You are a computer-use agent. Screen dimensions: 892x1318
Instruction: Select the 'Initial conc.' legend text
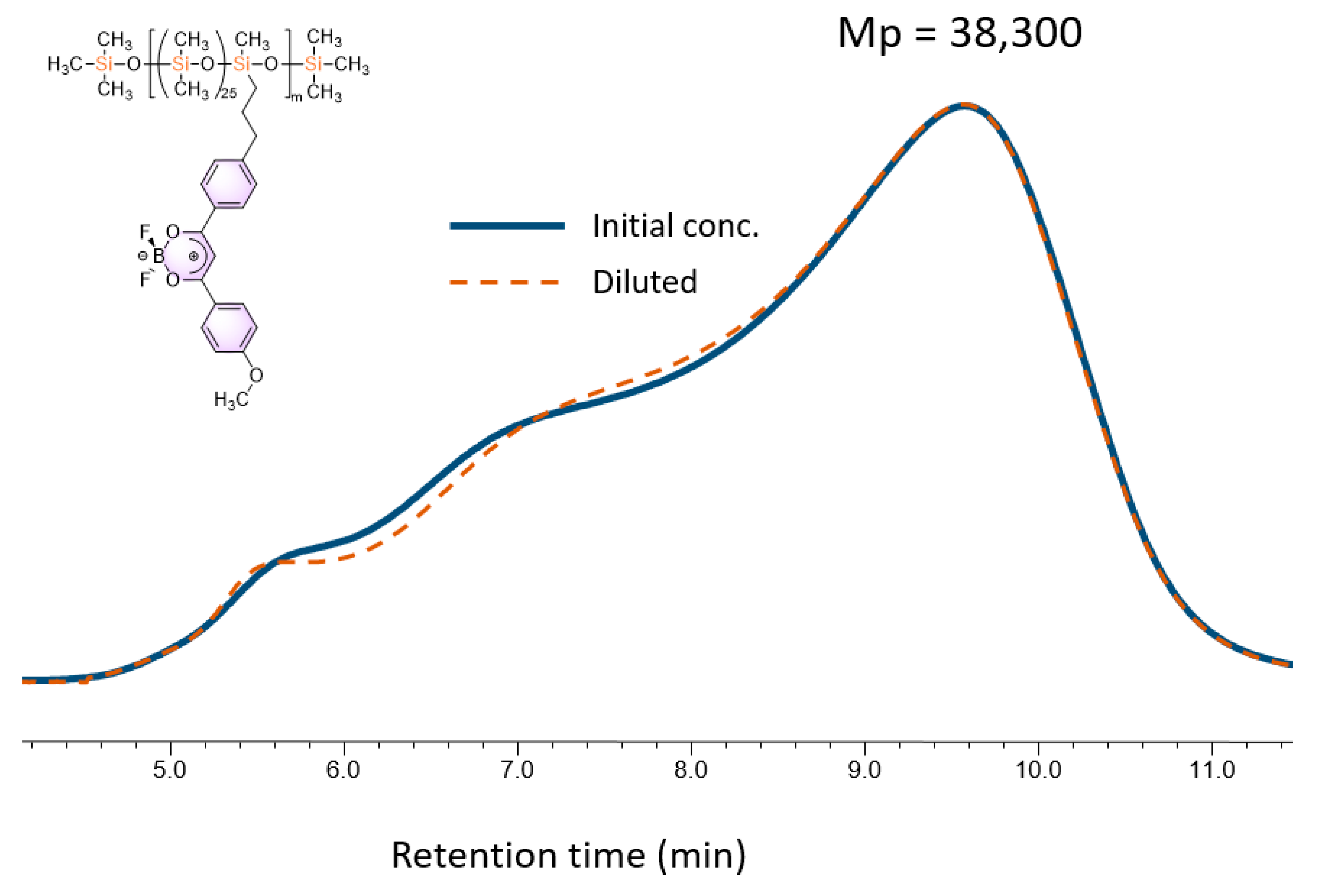pyautogui.click(x=675, y=226)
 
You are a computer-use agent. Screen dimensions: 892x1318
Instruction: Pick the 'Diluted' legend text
pyautogui.click(x=644, y=282)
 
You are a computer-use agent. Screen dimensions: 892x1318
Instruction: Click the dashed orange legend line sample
pyautogui.click(x=505, y=282)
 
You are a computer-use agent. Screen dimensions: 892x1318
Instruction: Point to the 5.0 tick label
pyautogui.click(x=169, y=771)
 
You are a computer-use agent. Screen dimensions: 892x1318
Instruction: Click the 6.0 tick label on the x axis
pyautogui.click(x=343, y=771)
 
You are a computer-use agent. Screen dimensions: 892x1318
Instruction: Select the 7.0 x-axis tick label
pyautogui.click(x=517, y=771)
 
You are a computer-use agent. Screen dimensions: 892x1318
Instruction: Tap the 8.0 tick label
pyautogui.click(x=691, y=771)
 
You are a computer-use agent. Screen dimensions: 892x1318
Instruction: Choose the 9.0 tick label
pyautogui.click(x=864, y=771)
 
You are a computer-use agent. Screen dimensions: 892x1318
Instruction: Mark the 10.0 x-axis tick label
pyautogui.click(x=1038, y=771)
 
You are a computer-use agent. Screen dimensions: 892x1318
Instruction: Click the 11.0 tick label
pyautogui.click(x=1212, y=771)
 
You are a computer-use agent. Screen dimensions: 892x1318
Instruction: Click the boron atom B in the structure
pyautogui.click(x=158, y=256)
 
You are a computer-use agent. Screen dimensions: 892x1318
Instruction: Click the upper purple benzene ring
pyautogui.click(x=229, y=184)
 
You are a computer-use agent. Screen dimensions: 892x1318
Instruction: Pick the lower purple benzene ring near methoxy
pyautogui.click(x=229, y=328)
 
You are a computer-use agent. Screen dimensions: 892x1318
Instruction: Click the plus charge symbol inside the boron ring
pyautogui.click(x=193, y=256)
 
